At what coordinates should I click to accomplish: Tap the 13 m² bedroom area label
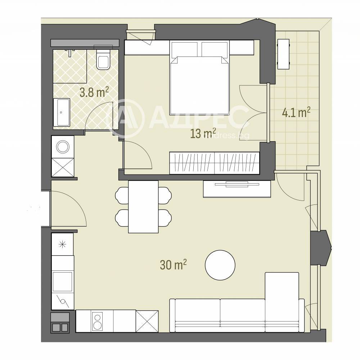[203, 134]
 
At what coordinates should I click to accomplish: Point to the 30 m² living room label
[173, 265]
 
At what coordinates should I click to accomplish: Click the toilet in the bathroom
[103, 59]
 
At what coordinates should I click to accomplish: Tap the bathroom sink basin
[62, 112]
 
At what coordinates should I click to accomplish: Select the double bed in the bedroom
[199, 78]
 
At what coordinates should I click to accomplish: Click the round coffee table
[220, 265]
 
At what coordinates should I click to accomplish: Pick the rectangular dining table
[143, 207]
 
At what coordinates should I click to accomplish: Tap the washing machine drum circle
[63, 147]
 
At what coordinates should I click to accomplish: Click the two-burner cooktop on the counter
[98, 321]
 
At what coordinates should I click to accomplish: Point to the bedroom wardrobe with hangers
[215, 163]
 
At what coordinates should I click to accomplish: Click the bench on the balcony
[283, 54]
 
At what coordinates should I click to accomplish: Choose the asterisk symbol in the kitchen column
[62, 244]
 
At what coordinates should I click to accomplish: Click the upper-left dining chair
[122, 195]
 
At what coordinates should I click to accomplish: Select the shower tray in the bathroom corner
[70, 66]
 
